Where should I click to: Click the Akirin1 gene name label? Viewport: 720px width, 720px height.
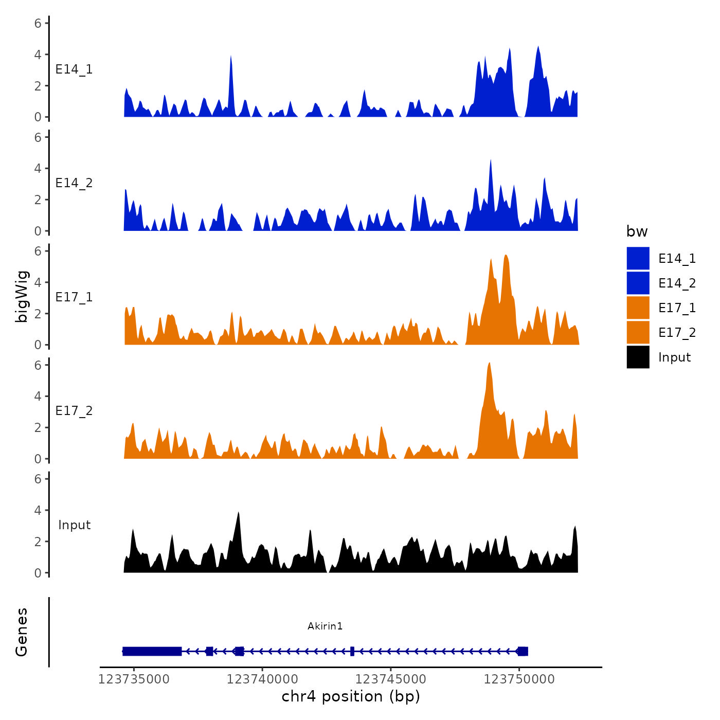[325, 626]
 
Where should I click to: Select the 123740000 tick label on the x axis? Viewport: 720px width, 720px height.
[262, 679]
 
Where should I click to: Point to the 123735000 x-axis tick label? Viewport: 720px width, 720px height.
[134, 679]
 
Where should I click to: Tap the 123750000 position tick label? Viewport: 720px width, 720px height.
[519, 679]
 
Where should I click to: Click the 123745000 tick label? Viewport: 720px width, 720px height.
[391, 679]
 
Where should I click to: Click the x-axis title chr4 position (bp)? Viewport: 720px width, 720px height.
[351, 696]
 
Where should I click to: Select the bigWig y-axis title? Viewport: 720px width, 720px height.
[22, 297]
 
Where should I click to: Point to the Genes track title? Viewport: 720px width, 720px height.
[22, 632]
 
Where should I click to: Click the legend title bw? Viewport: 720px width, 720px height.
[637, 231]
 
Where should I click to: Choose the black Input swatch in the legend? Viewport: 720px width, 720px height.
[638, 357]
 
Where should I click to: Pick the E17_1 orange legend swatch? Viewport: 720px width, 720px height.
[638, 308]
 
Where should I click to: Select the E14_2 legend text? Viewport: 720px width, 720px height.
[677, 283]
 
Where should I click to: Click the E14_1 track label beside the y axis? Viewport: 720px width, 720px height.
[74, 69]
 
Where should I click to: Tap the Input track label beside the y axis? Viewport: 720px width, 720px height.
[74, 525]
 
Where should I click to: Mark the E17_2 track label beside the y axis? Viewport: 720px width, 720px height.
[74, 411]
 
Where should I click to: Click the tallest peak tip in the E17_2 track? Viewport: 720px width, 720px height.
[489, 363]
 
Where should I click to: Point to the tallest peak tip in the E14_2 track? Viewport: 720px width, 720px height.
[491, 160]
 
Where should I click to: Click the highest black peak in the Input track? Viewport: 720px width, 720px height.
[238, 513]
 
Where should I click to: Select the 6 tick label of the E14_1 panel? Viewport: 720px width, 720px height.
[38, 23]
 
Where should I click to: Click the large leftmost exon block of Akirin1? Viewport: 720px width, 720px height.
[152, 652]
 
